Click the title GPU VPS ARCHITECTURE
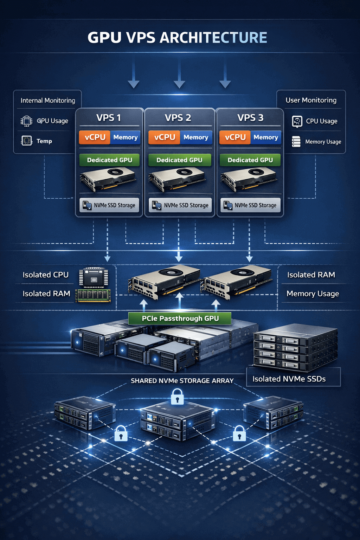(x=177, y=38)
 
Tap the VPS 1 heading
(x=109, y=118)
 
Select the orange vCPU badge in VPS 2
(x=164, y=137)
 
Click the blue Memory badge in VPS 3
(x=266, y=137)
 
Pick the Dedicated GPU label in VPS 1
(x=109, y=160)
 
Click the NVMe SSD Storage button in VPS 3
(x=250, y=205)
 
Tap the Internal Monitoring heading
(x=48, y=101)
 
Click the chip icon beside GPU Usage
(x=26, y=121)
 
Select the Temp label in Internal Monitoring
(x=44, y=141)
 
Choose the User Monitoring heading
(x=311, y=100)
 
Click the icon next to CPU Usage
(x=297, y=121)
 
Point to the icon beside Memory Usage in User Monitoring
(x=296, y=142)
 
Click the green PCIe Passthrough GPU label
(x=180, y=319)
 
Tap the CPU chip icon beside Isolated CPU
(x=94, y=278)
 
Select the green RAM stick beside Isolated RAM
(x=93, y=295)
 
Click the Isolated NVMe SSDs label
(x=289, y=379)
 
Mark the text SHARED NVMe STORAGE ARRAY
(x=182, y=381)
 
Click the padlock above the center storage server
(x=177, y=397)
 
